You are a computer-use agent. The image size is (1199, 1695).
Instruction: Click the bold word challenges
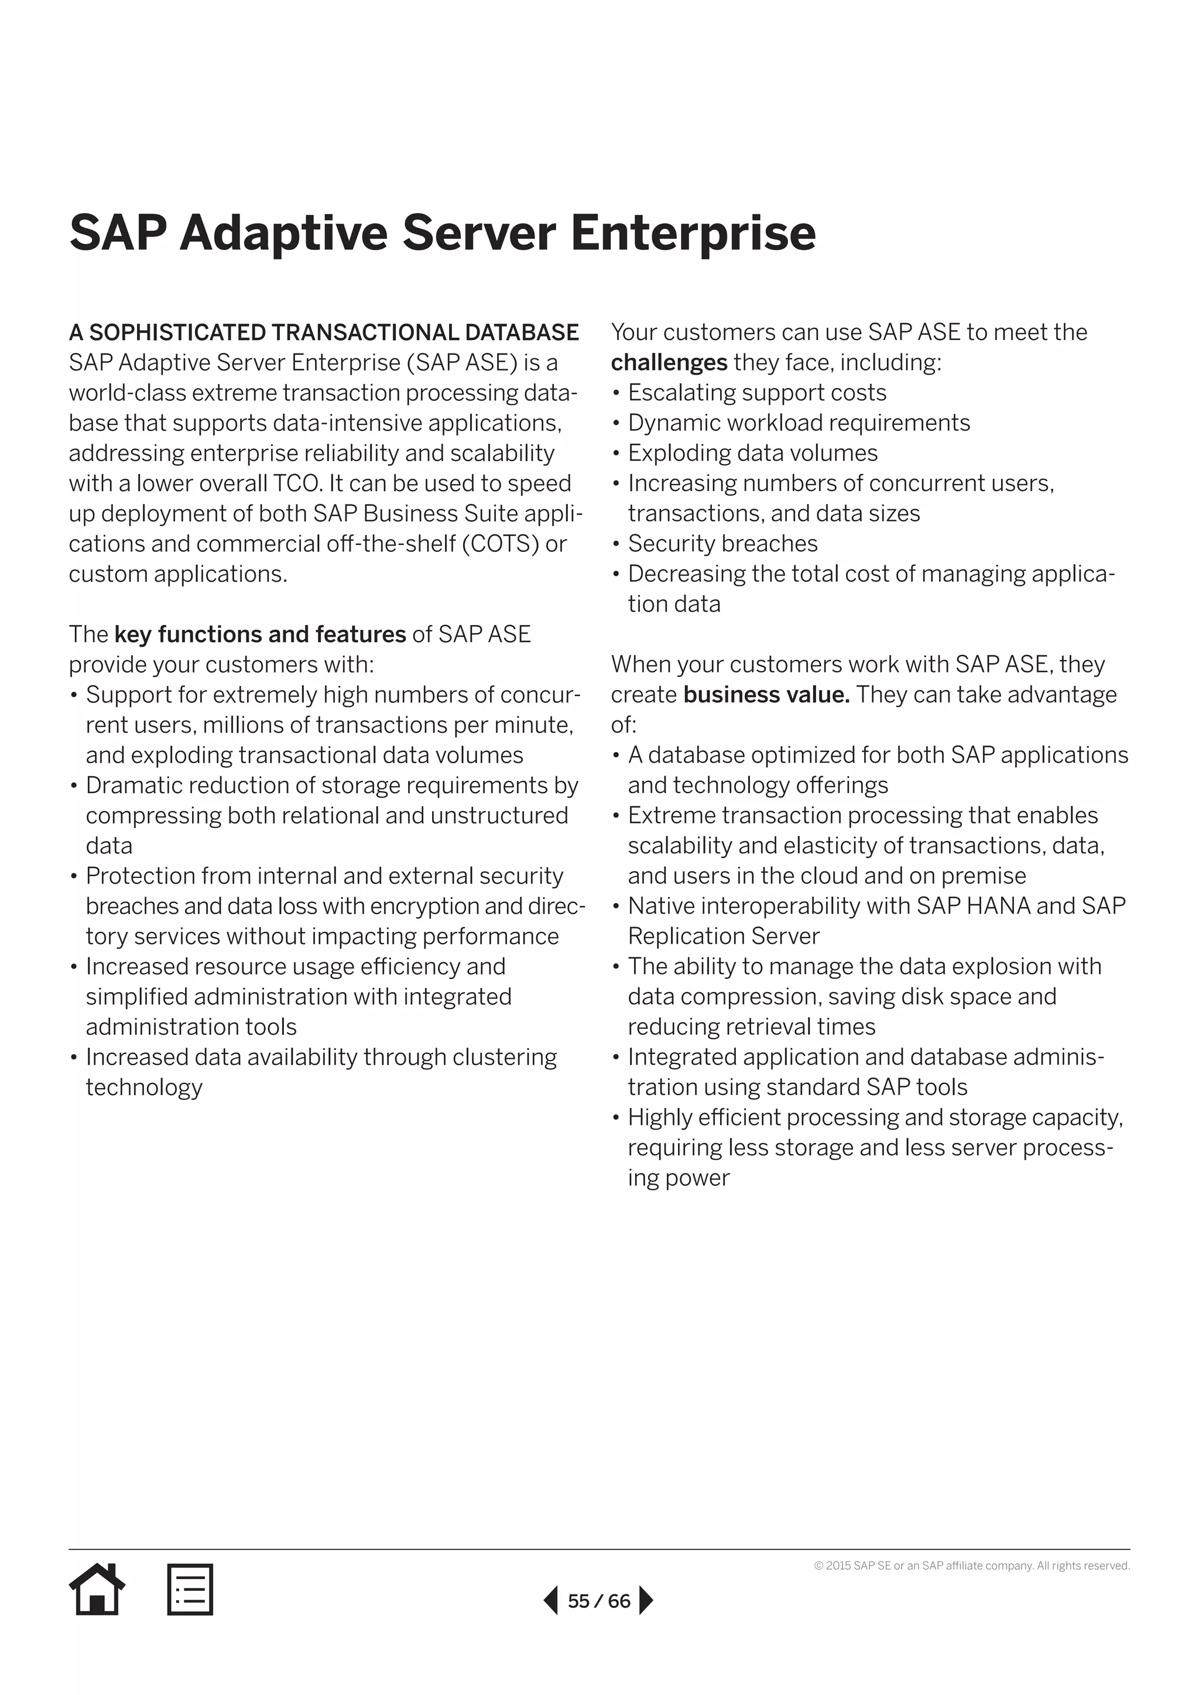pos(669,362)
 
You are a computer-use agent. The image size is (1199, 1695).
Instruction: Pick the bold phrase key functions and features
pos(260,634)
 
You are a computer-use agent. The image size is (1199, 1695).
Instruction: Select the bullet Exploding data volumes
pos(752,452)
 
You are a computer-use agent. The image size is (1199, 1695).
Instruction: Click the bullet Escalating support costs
pos(757,393)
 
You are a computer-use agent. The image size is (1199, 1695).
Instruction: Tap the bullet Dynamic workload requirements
pos(799,423)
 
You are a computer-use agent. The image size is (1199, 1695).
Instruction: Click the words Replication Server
pos(724,936)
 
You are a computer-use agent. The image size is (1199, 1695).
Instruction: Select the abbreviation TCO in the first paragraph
pos(297,483)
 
